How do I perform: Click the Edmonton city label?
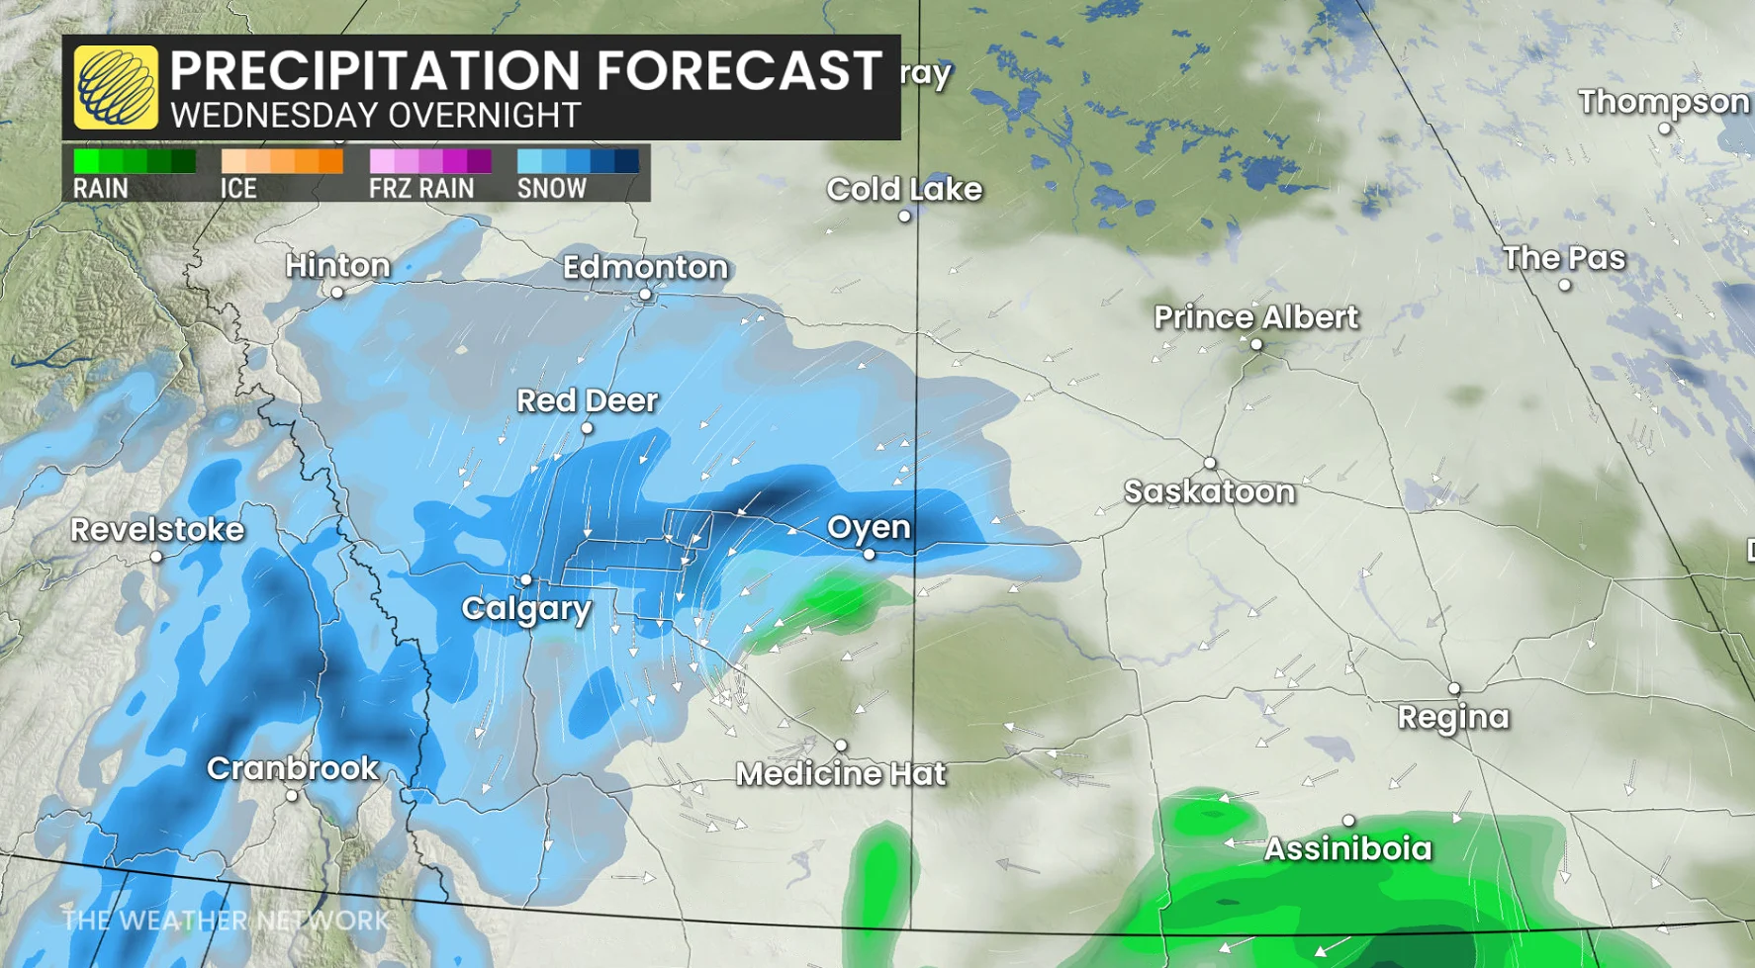point(645,267)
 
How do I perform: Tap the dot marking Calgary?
point(526,579)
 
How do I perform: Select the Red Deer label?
point(587,400)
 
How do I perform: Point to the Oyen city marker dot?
point(870,555)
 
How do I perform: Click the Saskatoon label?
point(1209,491)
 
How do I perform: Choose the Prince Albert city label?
point(1255,317)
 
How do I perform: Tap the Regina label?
point(1452,717)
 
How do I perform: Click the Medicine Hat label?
point(840,773)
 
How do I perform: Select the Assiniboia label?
point(1347,848)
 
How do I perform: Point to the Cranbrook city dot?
point(292,795)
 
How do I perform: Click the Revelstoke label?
point(156,529)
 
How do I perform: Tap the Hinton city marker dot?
point(337,293)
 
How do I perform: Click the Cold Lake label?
point(903,189)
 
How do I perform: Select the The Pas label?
point(1563,258)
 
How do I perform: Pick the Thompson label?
point(1663,102)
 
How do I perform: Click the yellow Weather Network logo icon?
point(116,87)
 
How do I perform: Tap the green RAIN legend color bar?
point(135,161)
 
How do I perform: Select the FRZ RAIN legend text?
point(421,188)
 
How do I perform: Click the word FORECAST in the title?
point(738,70)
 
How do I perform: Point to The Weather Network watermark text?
point(226,921)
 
